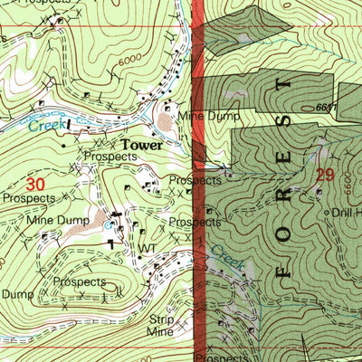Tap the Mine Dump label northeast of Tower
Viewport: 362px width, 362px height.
pyautogui.click(x=208, y=117)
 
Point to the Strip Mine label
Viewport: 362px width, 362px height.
pyautogui.click(x=160, y=326)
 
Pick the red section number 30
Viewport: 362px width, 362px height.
pyautogui.click(x=35, y=184)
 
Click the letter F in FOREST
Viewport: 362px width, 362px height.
pyautogui.click(x=282, y=269)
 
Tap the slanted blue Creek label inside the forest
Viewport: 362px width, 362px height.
pyautogui.click(x=228, y=259)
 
